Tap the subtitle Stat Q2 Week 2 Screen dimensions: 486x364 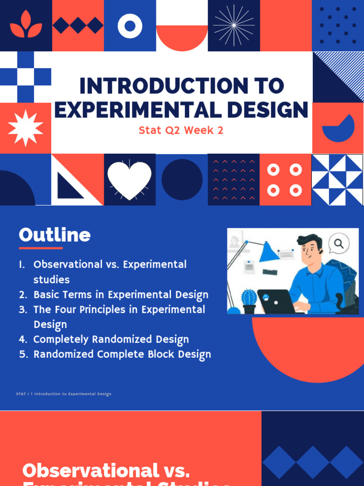pos(181,130)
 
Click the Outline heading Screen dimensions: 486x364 pos(55,235)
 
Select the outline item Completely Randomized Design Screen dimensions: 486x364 pos(111,339)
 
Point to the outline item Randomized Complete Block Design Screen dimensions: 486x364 pos(122,355)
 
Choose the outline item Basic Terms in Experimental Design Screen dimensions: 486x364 pos(120,295)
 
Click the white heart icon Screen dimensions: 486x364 pos(129,180)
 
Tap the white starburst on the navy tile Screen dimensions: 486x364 pos(234,26)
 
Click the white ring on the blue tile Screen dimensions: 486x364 pos(130,26)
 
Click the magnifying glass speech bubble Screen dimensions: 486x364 pos(338,243)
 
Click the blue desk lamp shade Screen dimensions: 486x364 pos(269,252)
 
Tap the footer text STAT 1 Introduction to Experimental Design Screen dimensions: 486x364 pos(64,394)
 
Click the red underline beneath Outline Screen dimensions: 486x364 pos(41,248)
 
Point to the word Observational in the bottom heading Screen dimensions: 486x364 pos(90,470)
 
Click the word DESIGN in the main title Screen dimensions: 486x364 pos(272,110)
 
